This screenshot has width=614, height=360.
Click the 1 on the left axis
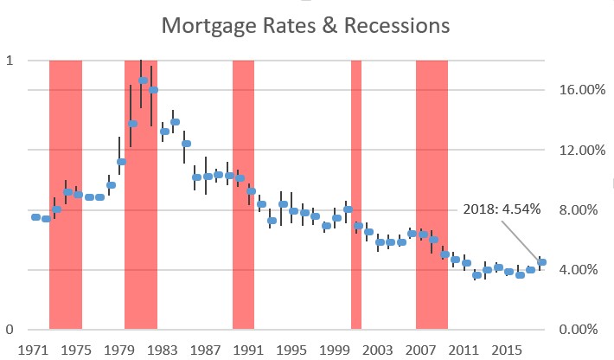click(x=10, y=61)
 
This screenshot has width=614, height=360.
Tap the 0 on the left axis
click(x=10, y=330)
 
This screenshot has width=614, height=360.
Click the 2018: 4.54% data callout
click(x=502, y=209)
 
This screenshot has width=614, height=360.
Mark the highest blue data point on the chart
click(x=143, y=80)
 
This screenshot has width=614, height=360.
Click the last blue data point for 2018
click(x=541, y=262)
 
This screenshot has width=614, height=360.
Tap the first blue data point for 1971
click(x=35, y=217)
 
